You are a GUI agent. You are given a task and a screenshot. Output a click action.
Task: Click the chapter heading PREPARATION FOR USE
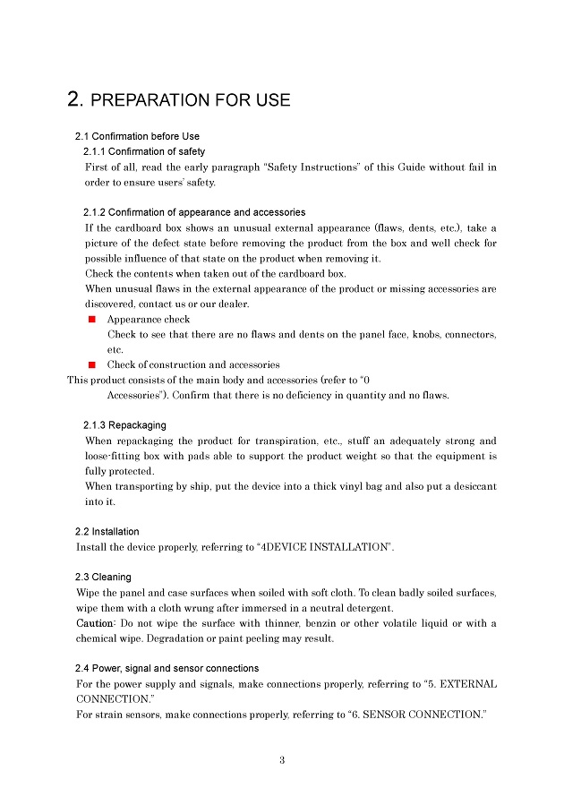click(x=179, y=99)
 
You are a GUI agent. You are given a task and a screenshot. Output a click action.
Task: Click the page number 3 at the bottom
click(x=281, y=760)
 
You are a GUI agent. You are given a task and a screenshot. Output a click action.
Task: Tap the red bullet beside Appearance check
click(x=91, y=320)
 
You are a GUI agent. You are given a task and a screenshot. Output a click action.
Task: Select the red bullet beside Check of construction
click(x=91, y=365)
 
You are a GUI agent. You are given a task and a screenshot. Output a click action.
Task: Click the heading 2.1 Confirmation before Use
click(x=137, y=136)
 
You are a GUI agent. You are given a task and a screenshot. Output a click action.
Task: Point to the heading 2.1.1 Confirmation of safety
click(x=144, y=151)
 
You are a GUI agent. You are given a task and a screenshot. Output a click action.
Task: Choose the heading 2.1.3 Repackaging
click(x=124, y=424)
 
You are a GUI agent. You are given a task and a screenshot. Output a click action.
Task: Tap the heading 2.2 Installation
click(x=107, y=531)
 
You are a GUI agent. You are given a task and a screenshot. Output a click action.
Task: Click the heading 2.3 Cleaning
click(x=104, y=577)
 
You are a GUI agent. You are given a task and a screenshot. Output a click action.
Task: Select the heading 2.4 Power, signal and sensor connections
click(x=167, y=668)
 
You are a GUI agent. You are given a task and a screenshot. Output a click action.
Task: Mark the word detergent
click(x=368, y=608)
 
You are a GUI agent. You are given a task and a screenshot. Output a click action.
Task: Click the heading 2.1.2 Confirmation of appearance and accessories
click(x=194, y=212)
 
